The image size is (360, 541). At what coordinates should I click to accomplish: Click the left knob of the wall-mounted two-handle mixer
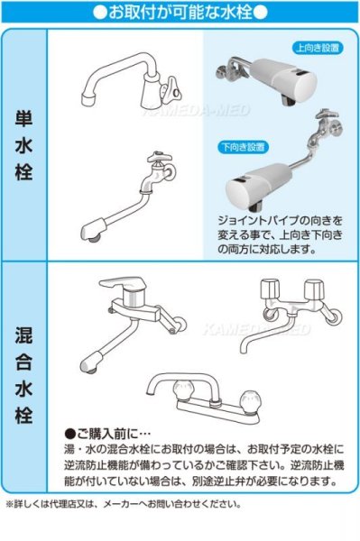(x=269, y=289)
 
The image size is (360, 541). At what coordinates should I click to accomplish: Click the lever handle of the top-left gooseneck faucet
(x=175, y=87)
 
